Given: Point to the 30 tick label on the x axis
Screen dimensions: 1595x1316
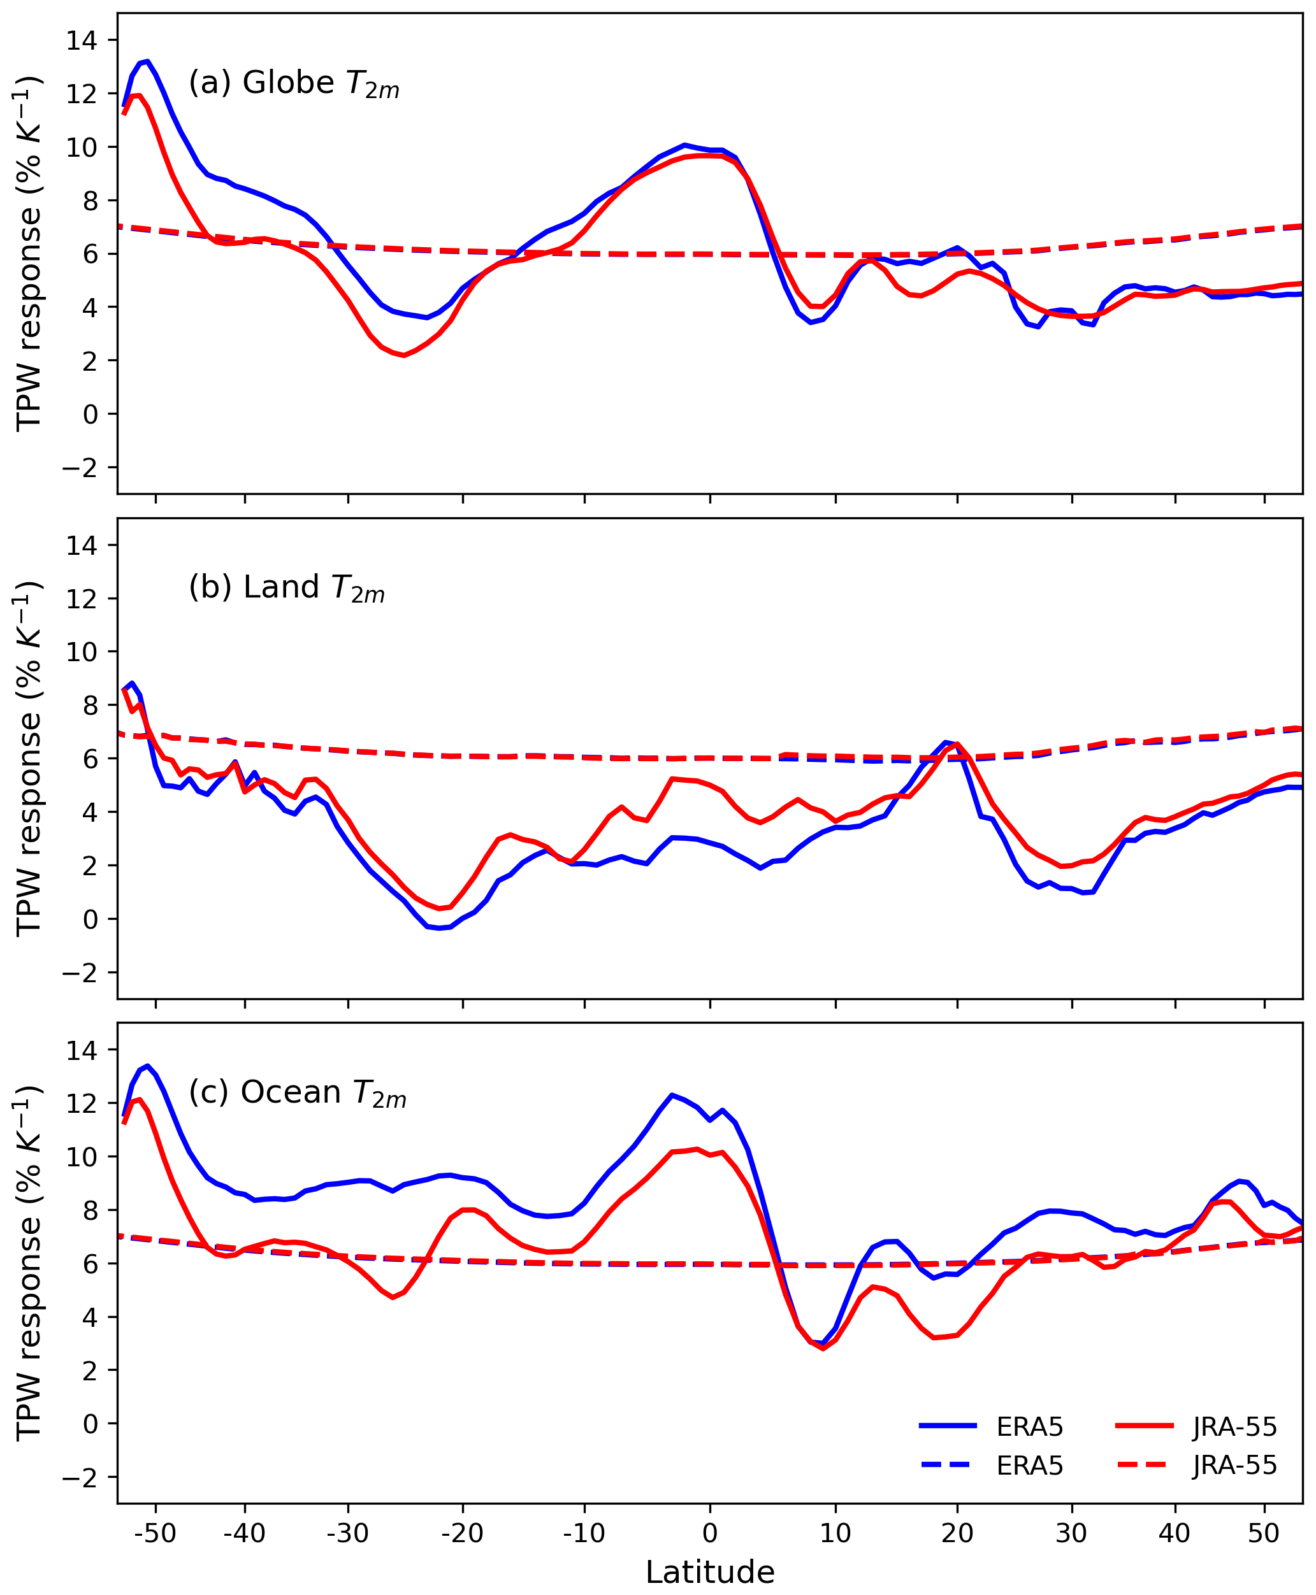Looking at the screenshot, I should coord(1071,1533).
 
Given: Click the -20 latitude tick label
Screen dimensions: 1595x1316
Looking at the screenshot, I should coord(463,1533).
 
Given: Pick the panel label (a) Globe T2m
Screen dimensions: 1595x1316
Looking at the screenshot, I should coord(294,83).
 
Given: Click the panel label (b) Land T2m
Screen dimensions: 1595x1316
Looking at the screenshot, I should coord(287,588).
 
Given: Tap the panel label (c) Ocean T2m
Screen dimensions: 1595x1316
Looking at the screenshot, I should coord(297,1092).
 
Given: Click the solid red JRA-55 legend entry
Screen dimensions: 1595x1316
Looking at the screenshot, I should coord(1196,1427).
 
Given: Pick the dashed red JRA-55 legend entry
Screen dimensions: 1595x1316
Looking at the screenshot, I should coord(1196,1466).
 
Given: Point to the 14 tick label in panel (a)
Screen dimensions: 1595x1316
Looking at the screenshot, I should coord(81,40).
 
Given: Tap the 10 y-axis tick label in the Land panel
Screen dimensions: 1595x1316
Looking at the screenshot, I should coord(81,652).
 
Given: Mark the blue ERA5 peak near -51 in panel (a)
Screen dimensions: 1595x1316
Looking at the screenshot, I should coord(147,61).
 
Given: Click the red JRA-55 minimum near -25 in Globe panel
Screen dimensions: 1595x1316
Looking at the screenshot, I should coord(404,355).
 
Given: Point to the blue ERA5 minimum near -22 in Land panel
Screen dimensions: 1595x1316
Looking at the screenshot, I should coord(440,928).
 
